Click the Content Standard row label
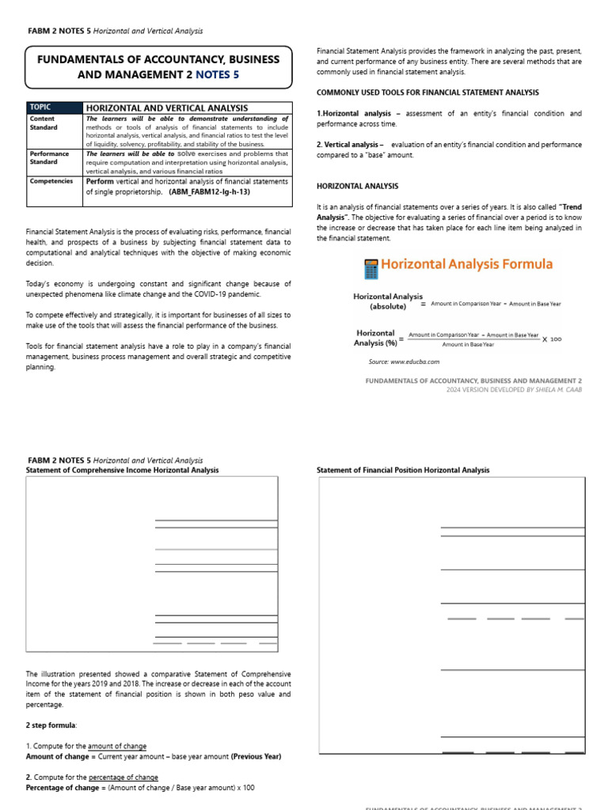43,123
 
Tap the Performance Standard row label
49,157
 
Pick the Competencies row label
51,180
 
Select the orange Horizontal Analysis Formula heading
466,264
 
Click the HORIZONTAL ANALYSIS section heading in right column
357,187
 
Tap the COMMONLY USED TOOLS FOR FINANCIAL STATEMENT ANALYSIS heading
427,93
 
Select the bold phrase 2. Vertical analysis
349,145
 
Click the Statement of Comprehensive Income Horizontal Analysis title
123,470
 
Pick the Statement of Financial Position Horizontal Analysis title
403,470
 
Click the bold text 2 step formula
51,725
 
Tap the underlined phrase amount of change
116,746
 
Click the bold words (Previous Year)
256,756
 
